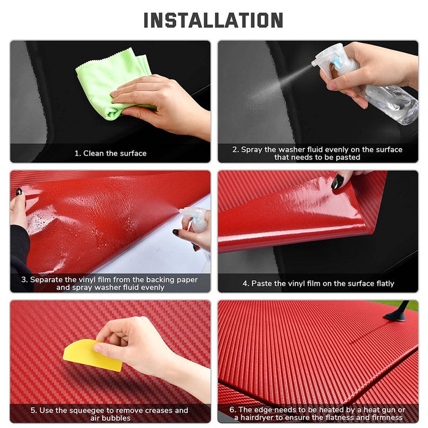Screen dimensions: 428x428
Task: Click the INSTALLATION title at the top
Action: pyautogui.click(x=213, y=20)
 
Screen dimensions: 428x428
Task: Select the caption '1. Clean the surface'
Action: pyautogui.click(x=110, y=153)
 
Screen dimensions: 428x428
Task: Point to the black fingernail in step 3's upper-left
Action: pyautogui.click(x=20, y=191)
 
